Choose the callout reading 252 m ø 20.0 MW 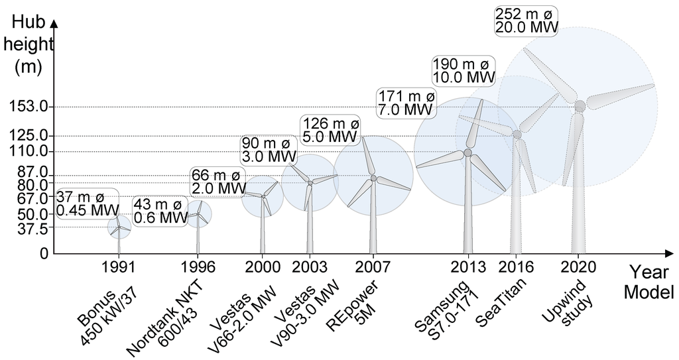point(527,21)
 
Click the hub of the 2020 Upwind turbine point(580,106)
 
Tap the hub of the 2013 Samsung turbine point(467,153)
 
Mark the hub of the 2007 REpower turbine point(373,178)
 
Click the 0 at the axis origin point(44,254)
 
